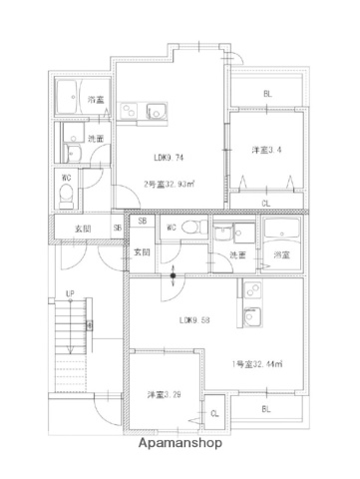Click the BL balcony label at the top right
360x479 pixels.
[267, 94]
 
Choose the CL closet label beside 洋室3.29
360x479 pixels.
[213, 412]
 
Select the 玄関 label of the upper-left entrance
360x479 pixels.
[80, 229]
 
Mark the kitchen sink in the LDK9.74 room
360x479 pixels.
[154, 111]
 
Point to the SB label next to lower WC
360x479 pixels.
[143, 222]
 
